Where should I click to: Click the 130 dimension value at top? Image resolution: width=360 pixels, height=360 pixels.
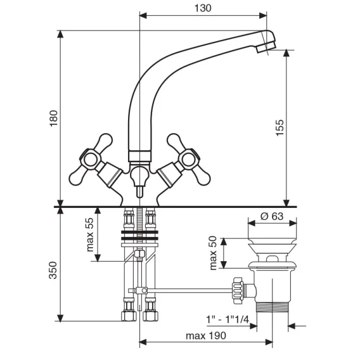coord(203,8)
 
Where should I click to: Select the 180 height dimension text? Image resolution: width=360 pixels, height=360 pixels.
coord(54,119)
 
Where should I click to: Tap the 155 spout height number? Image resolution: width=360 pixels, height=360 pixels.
coord(280,127)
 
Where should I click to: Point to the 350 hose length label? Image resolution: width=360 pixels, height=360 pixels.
coord(53,271)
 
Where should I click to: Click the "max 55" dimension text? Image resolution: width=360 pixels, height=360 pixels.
coord(90,235)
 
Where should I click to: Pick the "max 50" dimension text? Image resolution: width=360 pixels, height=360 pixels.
coord(213,253)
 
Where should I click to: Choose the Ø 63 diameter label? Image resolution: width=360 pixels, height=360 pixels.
coord(272,216)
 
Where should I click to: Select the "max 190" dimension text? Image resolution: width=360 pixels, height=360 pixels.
coord(206,336)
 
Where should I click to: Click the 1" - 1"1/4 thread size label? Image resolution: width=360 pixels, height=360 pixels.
coord(228,319)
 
